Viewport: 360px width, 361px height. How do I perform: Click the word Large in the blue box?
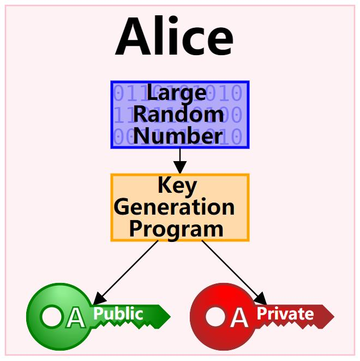point(176,93)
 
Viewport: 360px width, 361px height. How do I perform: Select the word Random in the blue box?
point(178,114)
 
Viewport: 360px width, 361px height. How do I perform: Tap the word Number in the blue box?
point(178,135)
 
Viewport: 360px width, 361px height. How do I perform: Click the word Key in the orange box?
point(177,186)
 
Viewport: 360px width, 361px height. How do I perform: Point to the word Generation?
point(175,207)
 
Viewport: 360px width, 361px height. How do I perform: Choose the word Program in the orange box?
point(176,228)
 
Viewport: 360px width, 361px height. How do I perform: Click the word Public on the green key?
point(118,314)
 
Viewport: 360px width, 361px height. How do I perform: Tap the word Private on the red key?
point(285,314)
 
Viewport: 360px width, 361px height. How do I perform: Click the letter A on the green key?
point(75,318)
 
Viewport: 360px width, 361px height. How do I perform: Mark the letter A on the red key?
point(239,318)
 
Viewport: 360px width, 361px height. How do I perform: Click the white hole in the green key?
point(52,316)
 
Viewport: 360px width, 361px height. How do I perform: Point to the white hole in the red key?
point(215,316)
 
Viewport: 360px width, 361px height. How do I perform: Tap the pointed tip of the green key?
point(169,316)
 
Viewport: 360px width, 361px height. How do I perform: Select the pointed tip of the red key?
point(332,316)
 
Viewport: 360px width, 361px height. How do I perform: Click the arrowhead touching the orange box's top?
point(179,169)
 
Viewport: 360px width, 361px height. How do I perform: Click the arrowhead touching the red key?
point(261,299)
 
